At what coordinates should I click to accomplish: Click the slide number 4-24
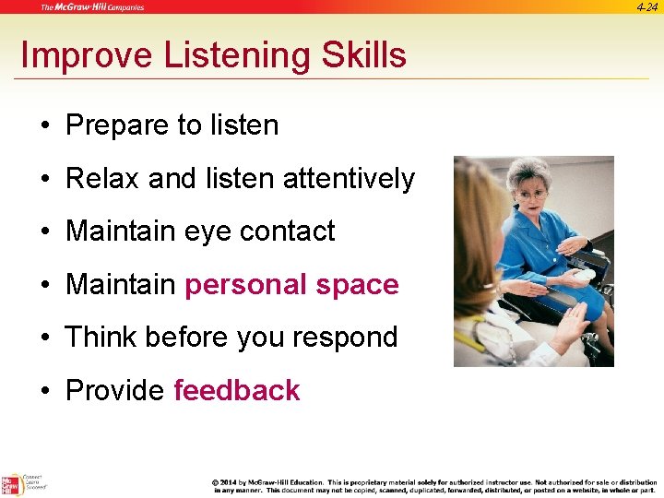[x=646, y=7]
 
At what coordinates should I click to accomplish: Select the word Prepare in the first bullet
[x=114, y=125]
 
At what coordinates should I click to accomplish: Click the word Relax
[x=102, y=178]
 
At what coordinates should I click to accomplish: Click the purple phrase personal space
[x=291, y=284]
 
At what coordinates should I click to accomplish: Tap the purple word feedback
[x=236, y=390]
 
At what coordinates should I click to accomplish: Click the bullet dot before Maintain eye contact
[x=45, y=231]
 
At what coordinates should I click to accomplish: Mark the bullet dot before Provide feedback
[x=45, y=391]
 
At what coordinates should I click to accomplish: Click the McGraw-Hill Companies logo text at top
[x=92, y=7]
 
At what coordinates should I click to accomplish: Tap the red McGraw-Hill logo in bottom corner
[x=10, y=484]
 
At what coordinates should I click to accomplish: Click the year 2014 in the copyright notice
[x=231, y=481]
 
